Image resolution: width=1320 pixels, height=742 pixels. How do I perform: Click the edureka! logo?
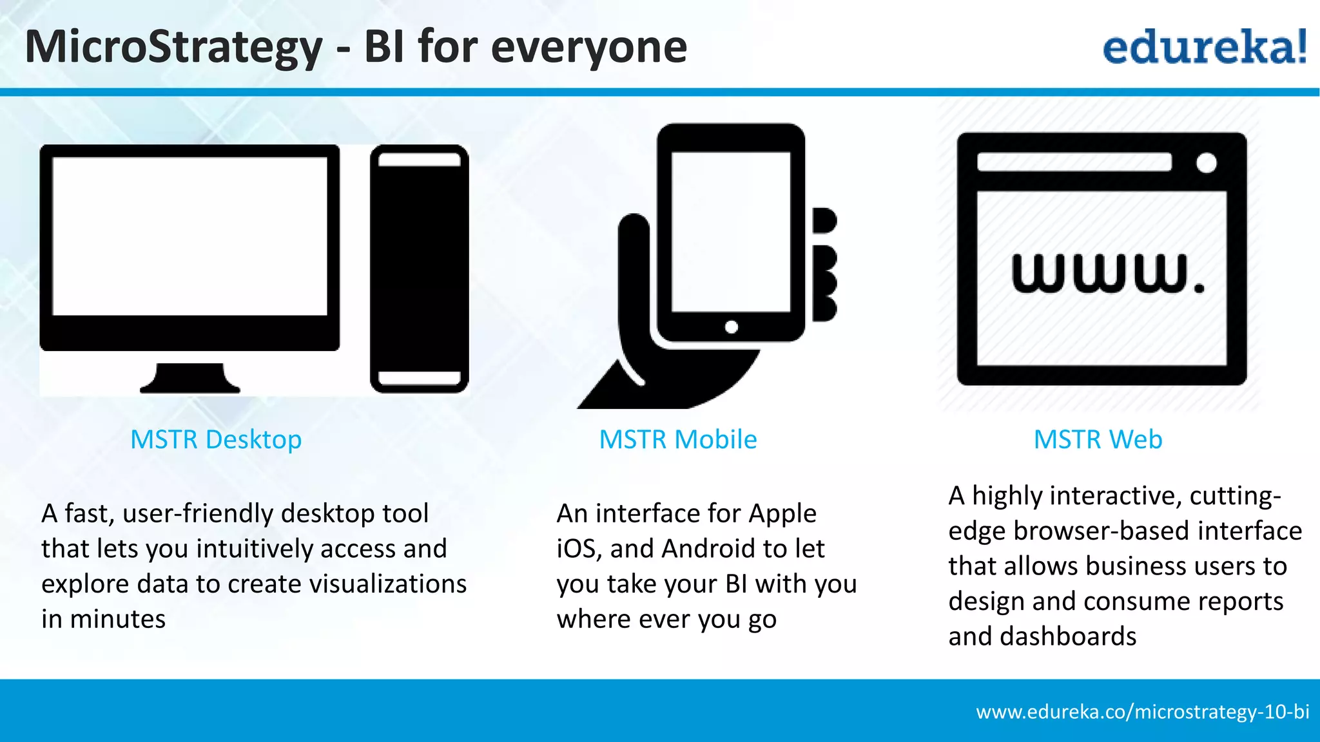pos(1204,46)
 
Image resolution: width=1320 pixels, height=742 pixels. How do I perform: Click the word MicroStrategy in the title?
pos(173,48)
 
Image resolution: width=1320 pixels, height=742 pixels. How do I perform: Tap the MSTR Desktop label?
pos(216,440)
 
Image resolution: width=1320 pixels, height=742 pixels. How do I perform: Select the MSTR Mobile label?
pos(677,440)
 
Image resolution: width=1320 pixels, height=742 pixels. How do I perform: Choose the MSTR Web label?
pos(1098,440)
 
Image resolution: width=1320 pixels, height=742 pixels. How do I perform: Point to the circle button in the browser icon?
pos(1206,162)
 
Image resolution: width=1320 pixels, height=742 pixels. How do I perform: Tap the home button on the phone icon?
pos(731,327)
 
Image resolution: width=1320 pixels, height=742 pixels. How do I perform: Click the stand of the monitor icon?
pos(190,379)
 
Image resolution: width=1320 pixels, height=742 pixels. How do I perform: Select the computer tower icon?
pos(419,269)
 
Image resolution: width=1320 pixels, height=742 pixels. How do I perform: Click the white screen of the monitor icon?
pos(189,236)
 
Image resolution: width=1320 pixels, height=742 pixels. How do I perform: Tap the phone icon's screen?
pos(731,232)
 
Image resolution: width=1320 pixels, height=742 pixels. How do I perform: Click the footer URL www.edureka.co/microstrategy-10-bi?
pos(1142,712)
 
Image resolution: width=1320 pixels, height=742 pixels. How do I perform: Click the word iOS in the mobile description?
pos(578,549)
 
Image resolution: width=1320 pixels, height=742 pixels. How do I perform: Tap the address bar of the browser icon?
pos(1074,162)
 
